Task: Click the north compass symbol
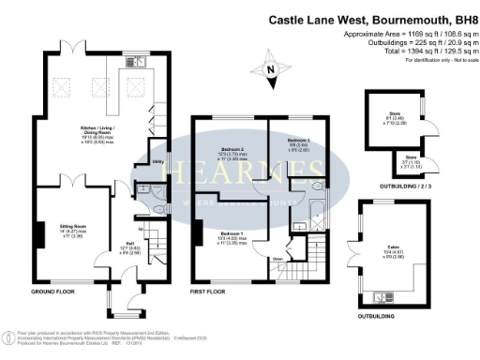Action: [x=273, y=68]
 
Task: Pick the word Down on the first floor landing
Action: [x=278, y=258]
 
